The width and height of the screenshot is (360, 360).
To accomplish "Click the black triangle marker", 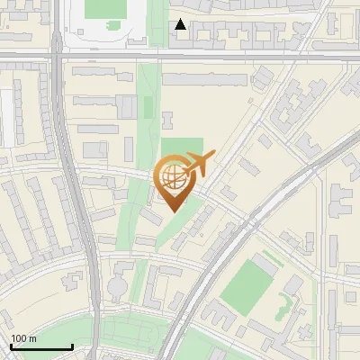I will click(181, 24).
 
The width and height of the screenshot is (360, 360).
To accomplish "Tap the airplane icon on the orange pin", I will click(198, 163).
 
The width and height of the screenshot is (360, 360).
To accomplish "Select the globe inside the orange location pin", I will click(174, 177).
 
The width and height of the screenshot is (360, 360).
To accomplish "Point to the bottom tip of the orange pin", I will click(174, 211).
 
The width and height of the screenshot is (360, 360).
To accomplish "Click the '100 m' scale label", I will click(23, 338).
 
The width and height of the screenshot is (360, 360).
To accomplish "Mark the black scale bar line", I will click(41, 347).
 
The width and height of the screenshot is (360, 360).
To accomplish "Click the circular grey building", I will click(118, 287).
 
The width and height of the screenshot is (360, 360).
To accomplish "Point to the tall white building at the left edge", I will click(6, 117).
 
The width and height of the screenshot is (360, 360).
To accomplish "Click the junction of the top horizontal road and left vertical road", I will click(58, 58).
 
